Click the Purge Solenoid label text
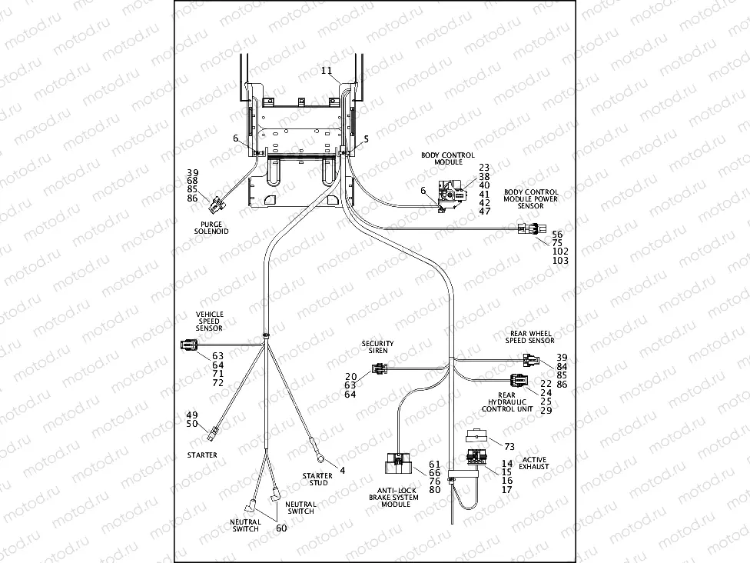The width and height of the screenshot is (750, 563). pyautogui.click(x=211, y=227)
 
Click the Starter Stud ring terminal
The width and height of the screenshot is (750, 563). pyautogui.click(x=316, y=441)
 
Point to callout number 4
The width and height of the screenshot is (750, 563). pyautogui.click(x=343, y=470)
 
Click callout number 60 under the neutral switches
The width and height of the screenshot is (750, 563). pyautogui.click(x=281, y=528)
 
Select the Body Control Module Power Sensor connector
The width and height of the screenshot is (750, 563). pyautogui.click(x=529, y=228)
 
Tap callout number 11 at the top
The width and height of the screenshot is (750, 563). pyautogui.click(x=327, y=71)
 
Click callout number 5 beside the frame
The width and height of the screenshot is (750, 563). pyautogui.click(x=366, y=139)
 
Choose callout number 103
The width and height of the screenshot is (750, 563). pyautogui.click(x=561, y=261)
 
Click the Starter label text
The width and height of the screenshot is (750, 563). pyautogui.click(x=201, y=455)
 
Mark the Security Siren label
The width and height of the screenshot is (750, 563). pyautogui.click(x=377, y=347)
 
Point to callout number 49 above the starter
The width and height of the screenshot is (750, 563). pyautogui.click(x=192, y=415)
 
